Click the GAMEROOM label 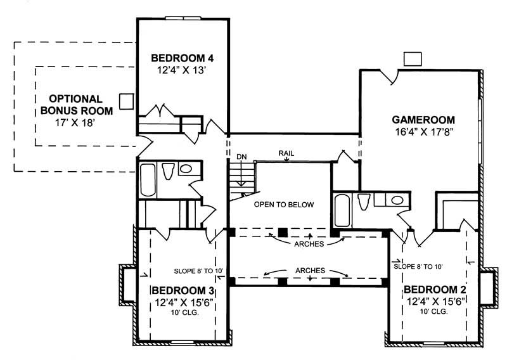tap(423, 120)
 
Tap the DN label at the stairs tap(241, 156)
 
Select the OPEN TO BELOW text tap(284, 205)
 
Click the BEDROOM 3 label tap(182, 291)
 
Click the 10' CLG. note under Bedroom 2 tap(435, 311)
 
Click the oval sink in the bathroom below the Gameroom tap(397, 200)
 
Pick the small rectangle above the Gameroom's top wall tap(413, 58)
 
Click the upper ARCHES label tap(309, 243)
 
